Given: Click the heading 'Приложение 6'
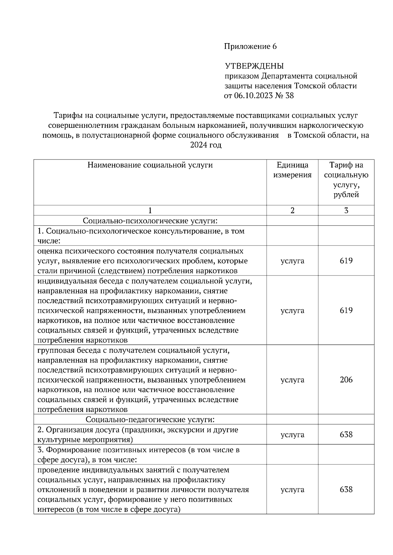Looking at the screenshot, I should click(x=250, y=46).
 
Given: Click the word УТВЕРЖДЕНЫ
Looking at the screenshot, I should click(x=254, y=66).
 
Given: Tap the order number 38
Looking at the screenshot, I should click(x=289, y=96).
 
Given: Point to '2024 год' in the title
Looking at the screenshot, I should click(x=206, y=145).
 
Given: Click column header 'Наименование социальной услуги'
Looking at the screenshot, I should click(x=150, y=165).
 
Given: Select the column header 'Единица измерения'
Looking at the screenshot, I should click(x=292, y=170).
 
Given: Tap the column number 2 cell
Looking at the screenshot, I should click(x=292, y=210).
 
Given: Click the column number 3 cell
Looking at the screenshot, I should click(x=346, y=210).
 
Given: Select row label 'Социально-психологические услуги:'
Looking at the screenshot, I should click(x=150, y=221).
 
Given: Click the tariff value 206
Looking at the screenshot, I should click(x=346, y=380).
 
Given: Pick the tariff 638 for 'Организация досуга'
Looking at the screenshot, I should click(x=346, y=435).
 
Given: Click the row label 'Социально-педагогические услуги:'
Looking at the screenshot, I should click(x=150, y=419).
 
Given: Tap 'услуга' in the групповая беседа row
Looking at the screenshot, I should click(x=292, y=380).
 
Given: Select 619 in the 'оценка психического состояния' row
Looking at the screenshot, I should click(x=346, y=261).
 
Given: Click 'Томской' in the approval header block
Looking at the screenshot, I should click(x=309, y=86).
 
